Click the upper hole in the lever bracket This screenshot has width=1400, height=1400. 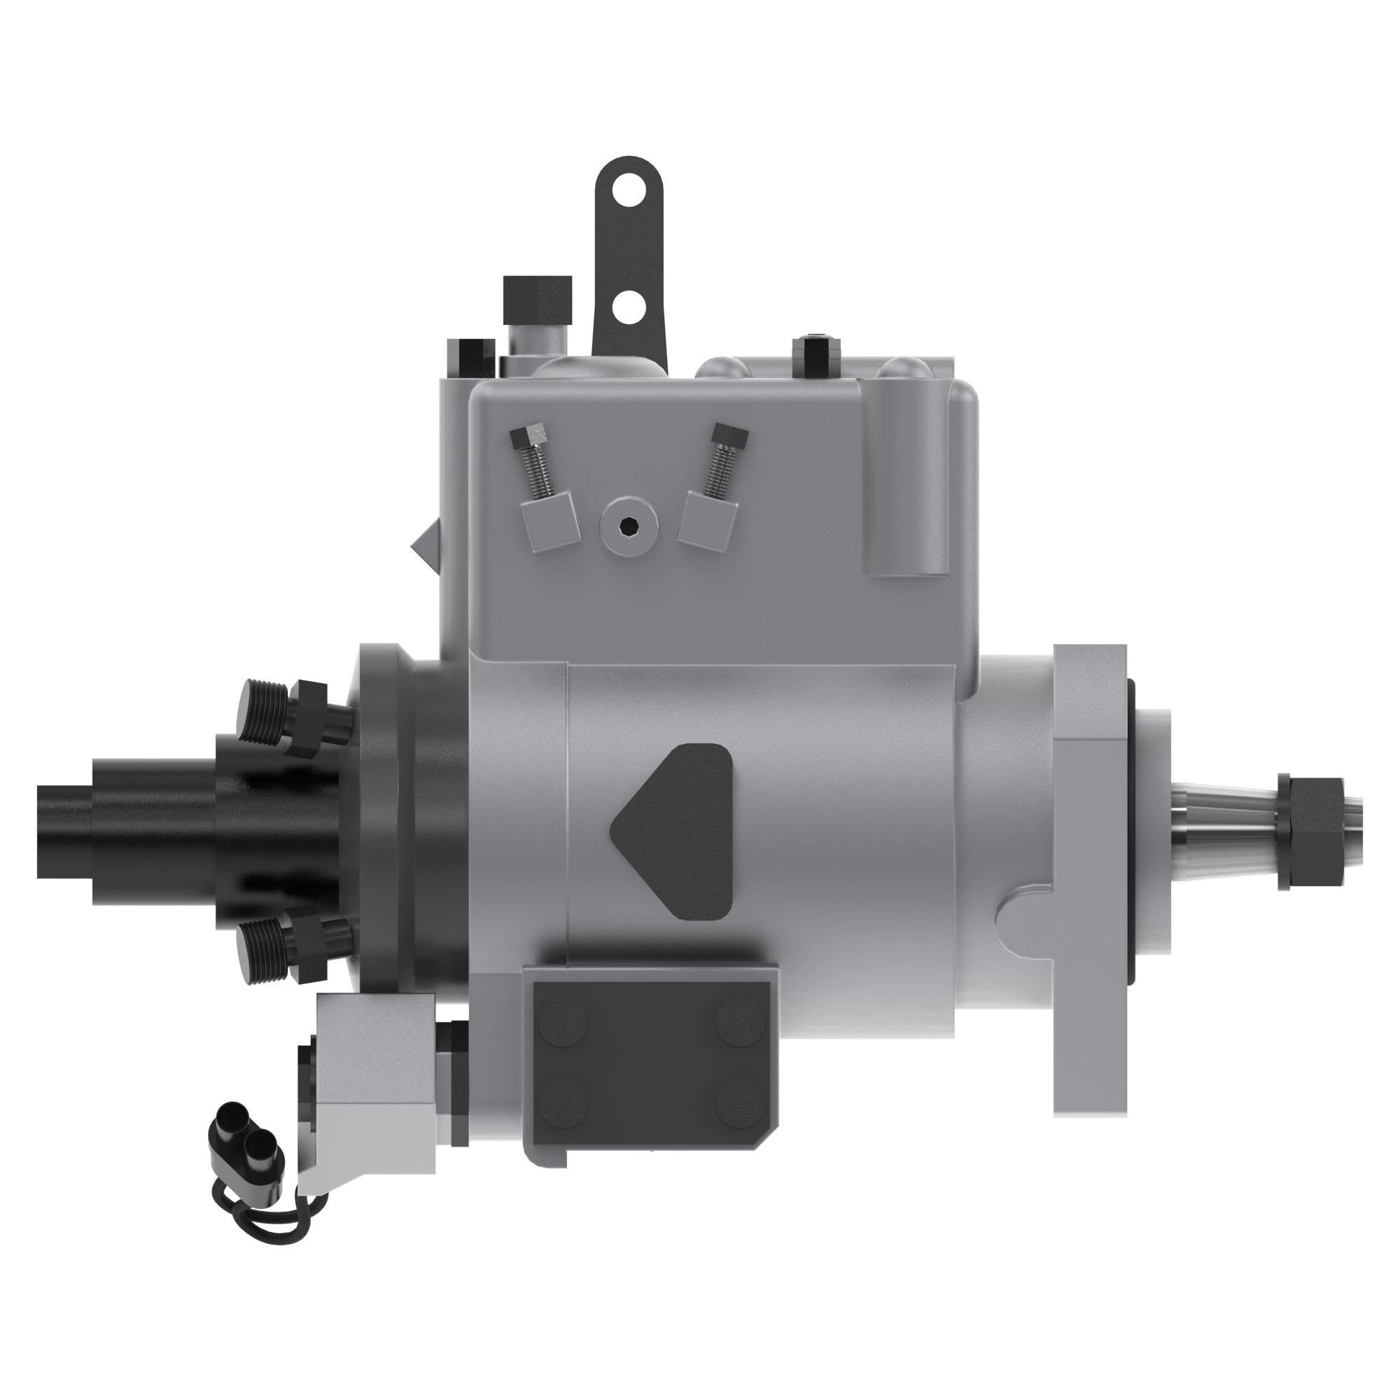(627, 192)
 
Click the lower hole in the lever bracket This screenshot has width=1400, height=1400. (629, 307)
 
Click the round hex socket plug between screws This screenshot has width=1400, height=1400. (630, 526)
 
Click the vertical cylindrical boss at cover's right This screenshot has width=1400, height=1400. (905, 478)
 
